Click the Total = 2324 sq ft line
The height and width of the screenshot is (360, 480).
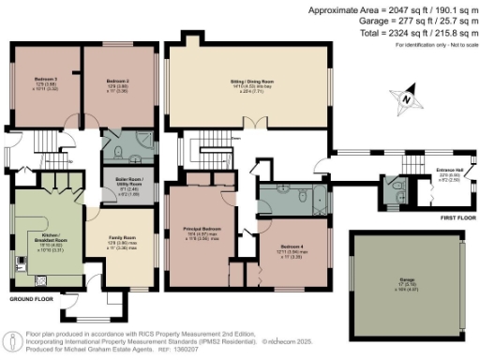point(410,33)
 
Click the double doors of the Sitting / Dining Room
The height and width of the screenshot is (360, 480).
point(248,123)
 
